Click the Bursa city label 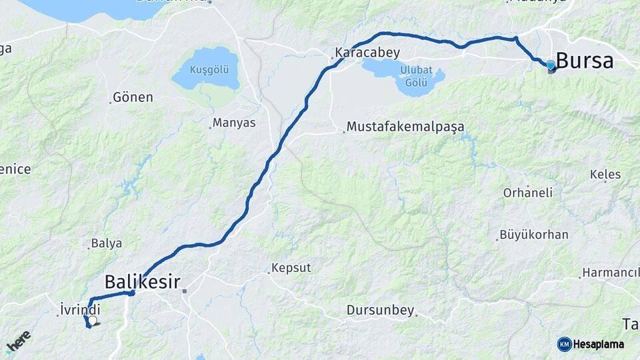(x=584, y=61)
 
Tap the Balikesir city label (x=142, y=281)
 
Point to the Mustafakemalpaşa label (x=405, y=127)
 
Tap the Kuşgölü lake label (x=209, y=69)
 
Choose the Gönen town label (x=133, y=97)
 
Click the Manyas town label (x=233, y=123)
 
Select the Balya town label (x=107, y=243)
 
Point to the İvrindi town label (x=80, y=309)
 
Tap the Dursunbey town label (x=380, y=310)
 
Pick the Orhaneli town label (x=528, y=193)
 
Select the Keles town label (x=605, y=175)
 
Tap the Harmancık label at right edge (x=610, y=273)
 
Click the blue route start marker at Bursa (x=550, y=65)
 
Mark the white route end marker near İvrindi (x=93, y=321)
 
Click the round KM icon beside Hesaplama (x=564, y=344)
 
